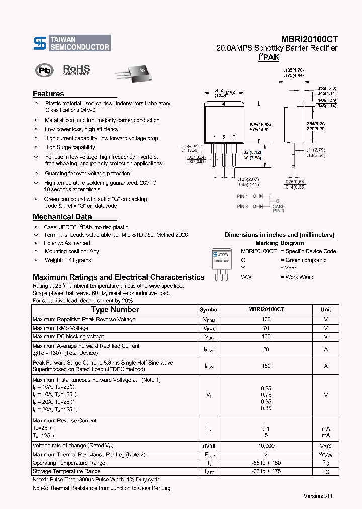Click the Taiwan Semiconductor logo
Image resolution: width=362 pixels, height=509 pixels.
click(x=72, y=43)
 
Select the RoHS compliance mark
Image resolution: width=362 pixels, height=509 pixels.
click(x=76, y=70)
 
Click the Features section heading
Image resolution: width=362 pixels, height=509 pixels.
click(x=48, y=94)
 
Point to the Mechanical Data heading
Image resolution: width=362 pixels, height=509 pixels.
click(x=62, y=217)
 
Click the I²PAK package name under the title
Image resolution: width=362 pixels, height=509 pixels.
click(x=268, y=58)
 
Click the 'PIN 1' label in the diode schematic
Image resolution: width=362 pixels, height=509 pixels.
click(x=242, y=196)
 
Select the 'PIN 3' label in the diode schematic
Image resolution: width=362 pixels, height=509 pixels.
click(x=242, y=206)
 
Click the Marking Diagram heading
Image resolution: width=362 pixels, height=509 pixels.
click(x=280, y=243)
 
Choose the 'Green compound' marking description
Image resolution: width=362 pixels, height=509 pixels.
click(x=306, y=260)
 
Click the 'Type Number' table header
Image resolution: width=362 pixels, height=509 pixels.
click(x=115, y=310)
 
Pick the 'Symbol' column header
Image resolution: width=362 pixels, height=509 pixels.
click(x=209, y=310)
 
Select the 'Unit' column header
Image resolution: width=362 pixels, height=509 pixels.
click(x=325, y=310)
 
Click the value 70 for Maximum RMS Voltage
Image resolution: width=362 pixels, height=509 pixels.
click(x=266, y=328)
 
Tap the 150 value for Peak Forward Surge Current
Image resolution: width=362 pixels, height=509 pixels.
click(x=266, y=366)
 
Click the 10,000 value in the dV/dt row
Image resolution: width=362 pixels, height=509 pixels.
click(x=266, y=446)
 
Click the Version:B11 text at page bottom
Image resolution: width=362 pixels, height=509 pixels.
click(x=318, y=496)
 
